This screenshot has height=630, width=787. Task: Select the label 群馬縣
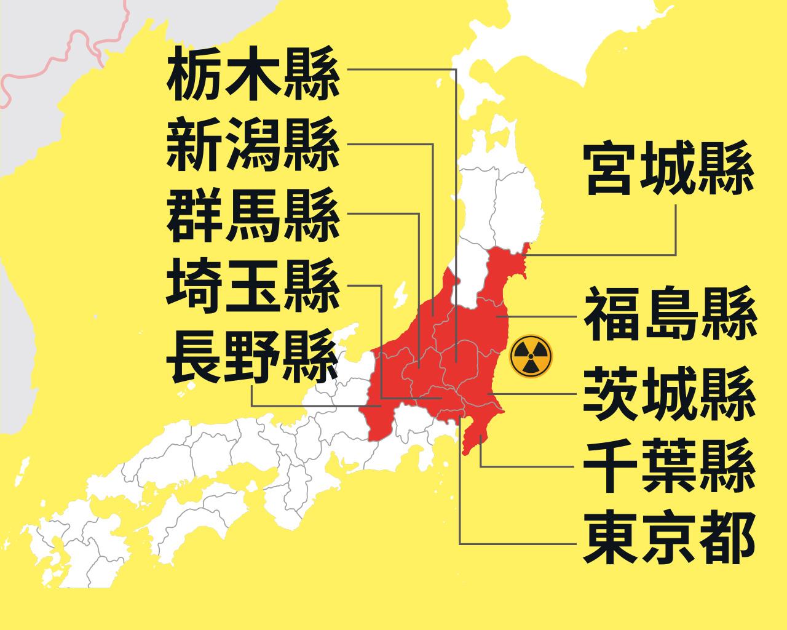tap(253, 215)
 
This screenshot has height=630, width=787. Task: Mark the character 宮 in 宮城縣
tap(612, 170)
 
